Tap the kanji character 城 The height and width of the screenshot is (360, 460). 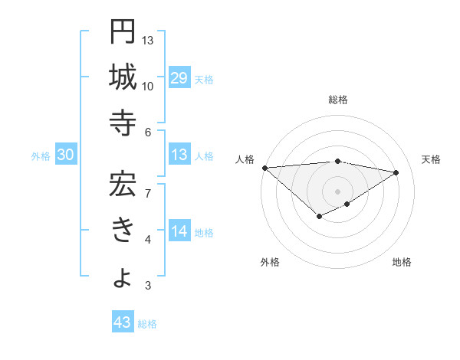point(123,77)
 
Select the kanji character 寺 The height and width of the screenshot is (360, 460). point(123,123)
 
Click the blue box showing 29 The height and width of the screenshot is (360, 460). point(179,78)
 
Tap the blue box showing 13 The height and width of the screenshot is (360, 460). point(179,155)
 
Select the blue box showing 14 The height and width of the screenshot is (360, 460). point(179,232)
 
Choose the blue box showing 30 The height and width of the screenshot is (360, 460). point(65,155)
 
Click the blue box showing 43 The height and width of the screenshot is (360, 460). point(123,322)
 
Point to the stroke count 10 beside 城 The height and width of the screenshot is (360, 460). point(147,87)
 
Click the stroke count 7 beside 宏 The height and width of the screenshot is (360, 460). point(147,192)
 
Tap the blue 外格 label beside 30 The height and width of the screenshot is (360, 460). point(41,156)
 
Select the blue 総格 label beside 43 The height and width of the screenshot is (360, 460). point(147,323)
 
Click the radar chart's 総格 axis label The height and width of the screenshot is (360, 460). point(338,100)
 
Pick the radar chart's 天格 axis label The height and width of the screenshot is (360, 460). point(431,159)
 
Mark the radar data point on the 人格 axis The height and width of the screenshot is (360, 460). point(264,168)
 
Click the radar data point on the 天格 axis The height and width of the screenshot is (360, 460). point(396,172)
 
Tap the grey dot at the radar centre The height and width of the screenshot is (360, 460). point(337,191)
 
